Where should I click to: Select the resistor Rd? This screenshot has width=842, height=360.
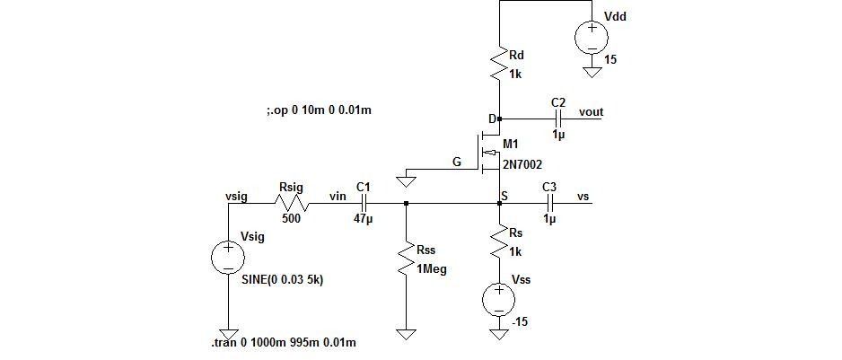click(x=498, y=65)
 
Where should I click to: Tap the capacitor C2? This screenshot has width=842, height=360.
click(x=558, y=118)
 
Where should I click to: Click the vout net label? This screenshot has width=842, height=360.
click(x=591, y=112)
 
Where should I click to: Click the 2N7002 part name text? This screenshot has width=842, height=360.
click(x=522, y=164)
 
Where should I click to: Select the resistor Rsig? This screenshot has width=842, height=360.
click(x=291, y=204)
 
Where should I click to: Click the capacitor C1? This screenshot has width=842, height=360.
click(x=364, y=204)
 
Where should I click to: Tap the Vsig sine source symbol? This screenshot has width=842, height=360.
click(x=228, y=258)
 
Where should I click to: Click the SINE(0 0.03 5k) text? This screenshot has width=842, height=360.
click(x=283, y=279)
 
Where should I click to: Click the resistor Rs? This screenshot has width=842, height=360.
click(x=499, y=242)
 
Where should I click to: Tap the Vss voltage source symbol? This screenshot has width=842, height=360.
click(x=499, y=299)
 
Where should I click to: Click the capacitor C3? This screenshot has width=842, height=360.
click(x=549, y=204)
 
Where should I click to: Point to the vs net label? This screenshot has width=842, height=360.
click(x=583, y=197)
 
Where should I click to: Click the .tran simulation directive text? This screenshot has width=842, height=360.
click(x=283, y=343)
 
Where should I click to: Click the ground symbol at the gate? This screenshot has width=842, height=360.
click(x=406, y=181)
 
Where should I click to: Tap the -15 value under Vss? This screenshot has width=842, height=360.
click(x=520, y=321)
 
